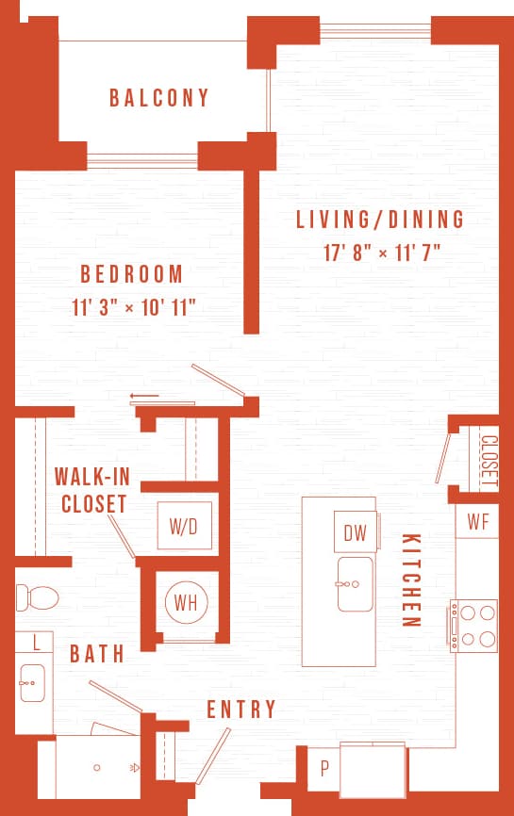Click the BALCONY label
(159, 98)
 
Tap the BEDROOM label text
(132, 274)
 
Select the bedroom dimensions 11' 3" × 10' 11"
(139, 307)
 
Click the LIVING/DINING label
(380, 220)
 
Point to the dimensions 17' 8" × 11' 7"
(381, 253)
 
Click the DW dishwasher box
(355, 533)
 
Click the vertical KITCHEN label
(410, 580)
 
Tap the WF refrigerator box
(477, 521)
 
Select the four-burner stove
(474, 626)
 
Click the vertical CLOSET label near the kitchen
(489, 460)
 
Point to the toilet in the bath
(37, 596)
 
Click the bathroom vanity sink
(32, 677)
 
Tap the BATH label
(98, 653)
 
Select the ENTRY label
(241, 710)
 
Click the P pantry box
(323, 768)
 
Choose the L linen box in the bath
(36, 643)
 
